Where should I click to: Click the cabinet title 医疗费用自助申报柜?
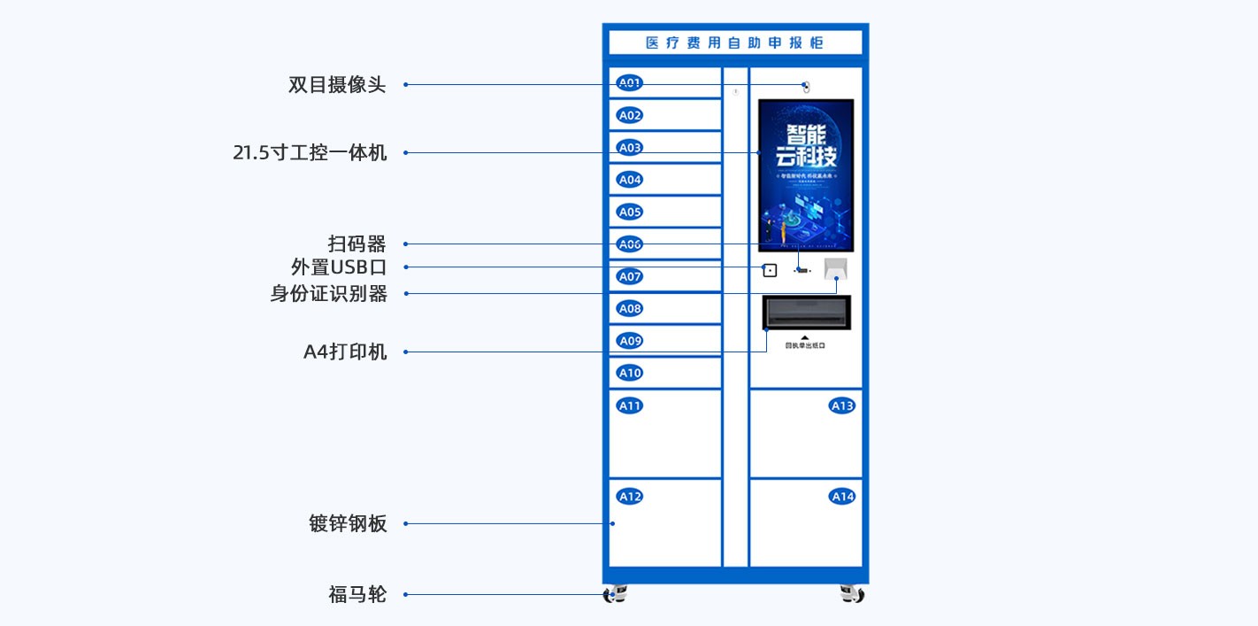pos(734,43)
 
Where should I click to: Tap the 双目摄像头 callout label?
pos(337,85)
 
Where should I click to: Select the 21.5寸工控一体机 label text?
pos(310,152)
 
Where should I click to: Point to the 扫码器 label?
pos(357,243)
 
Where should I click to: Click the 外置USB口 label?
pos(339,267)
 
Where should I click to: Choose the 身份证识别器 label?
pos(328,294)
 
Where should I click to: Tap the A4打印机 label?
pos(345,352)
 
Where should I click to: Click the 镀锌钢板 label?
pos(348,523)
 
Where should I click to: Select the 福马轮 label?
pos(357,594)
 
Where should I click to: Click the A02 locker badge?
pos(630,115)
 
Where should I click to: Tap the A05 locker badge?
pos(630,212)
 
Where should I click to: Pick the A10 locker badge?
pos(630,373)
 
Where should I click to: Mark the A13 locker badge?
pos(842,406)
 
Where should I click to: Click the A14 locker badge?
pos(842,497)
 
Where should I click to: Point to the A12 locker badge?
pos(630,497)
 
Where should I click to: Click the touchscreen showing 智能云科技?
pos(806,175)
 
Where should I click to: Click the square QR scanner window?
pos(770,270)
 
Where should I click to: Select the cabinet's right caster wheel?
pos(851,594)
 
